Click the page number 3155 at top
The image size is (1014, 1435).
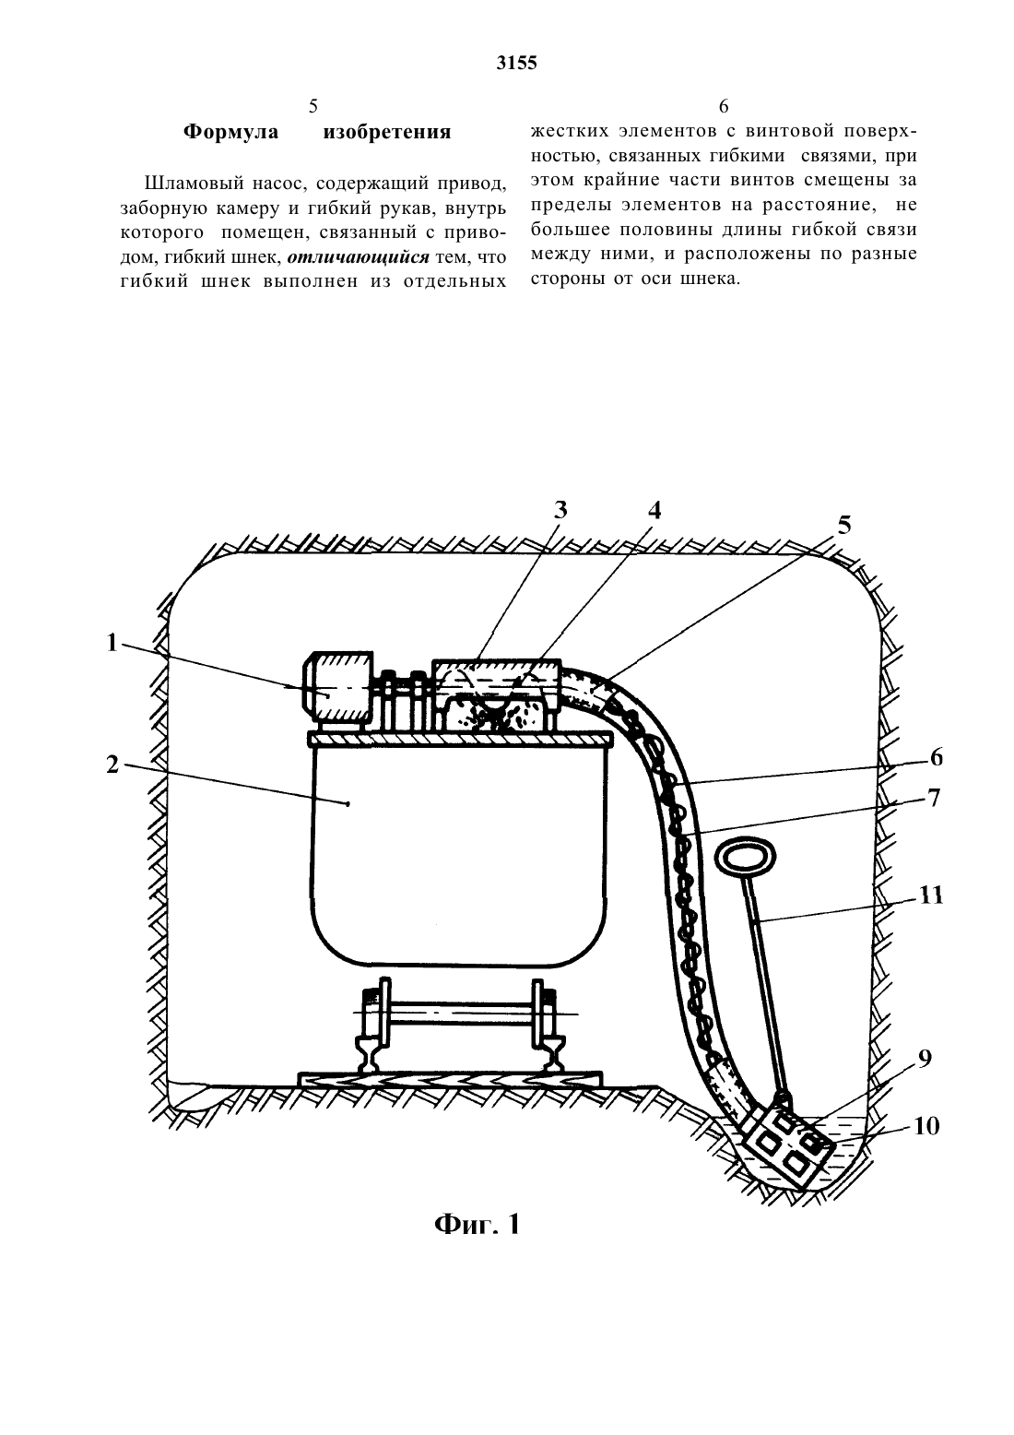tap(516, 63)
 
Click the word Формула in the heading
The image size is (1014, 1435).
tap(231, 132)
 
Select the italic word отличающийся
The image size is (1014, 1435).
tap(358, 257)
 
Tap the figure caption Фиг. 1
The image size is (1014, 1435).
tap(477, 1224)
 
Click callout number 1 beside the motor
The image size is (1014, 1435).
tap(112, 642)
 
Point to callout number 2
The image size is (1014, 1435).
tap(112, 765)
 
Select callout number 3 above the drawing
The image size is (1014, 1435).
tap(560, 509)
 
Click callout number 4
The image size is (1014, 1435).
tap(654, 511)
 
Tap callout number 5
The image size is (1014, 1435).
tap(844, 526)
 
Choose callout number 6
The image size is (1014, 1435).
tap(936, 758)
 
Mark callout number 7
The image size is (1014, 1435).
tap(933, 798)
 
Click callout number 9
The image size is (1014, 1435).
tap(925, 1059)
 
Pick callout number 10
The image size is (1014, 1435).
tap(926, 1125)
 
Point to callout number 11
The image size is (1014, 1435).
tap(931, 895)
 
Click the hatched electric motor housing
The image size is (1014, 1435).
tap(337, 686)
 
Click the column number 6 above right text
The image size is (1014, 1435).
tap(724, 106)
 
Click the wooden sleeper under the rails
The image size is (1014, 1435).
tap(450, 1079)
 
